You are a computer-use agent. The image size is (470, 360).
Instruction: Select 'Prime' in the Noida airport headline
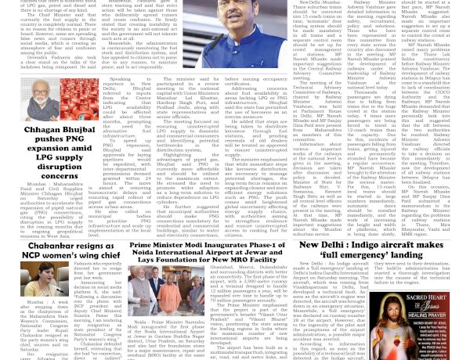[150, 244]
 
